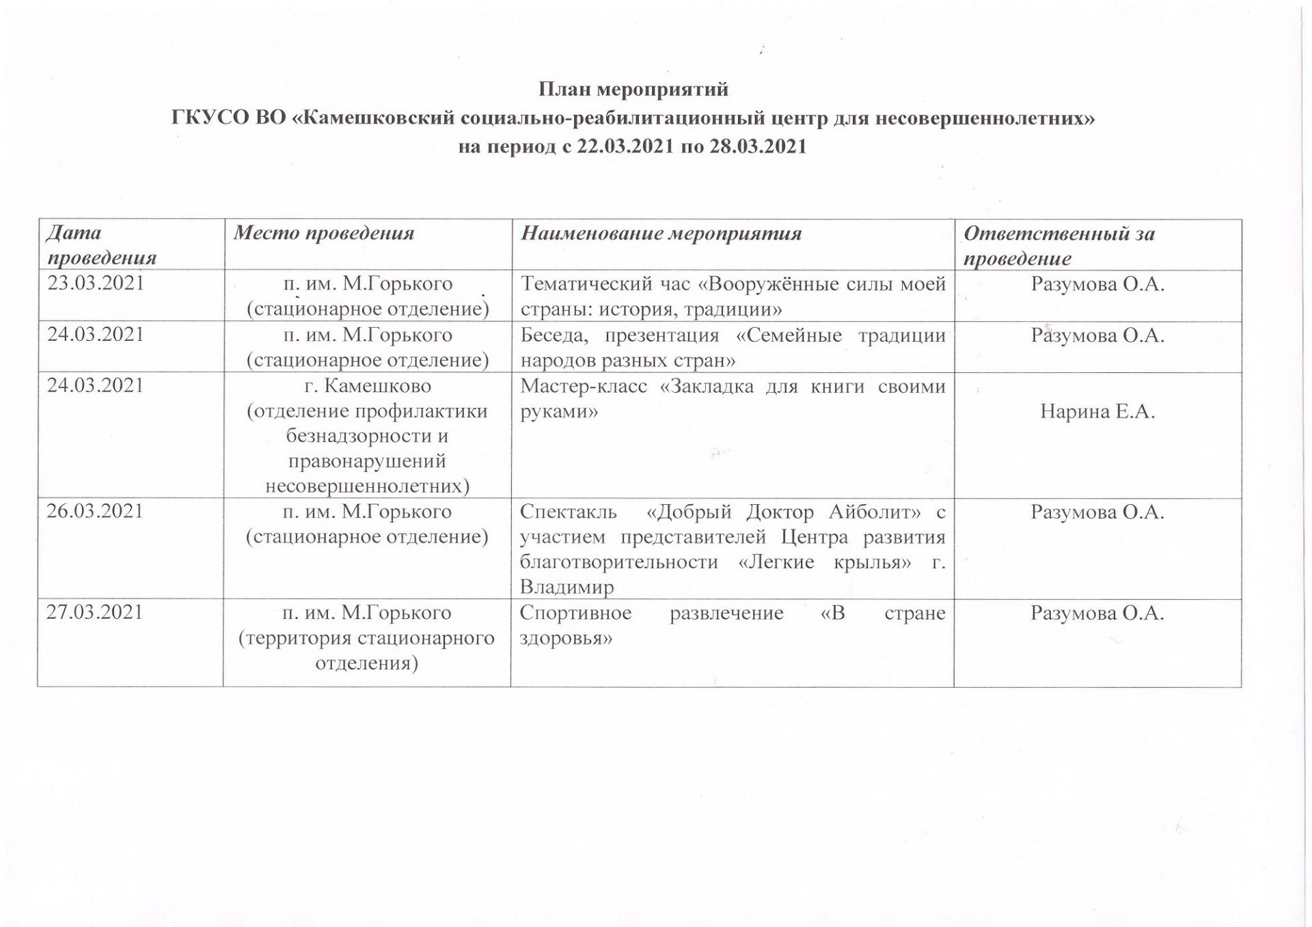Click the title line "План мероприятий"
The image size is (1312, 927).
633,89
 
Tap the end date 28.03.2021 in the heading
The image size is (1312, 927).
758,147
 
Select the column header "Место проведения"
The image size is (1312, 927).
324,234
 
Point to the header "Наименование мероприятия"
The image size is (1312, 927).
661,234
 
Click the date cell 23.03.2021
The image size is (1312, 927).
96,283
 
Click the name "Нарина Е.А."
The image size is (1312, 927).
1097,411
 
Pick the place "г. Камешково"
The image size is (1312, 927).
368,386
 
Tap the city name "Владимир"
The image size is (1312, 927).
566,587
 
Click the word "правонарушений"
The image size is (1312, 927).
368,461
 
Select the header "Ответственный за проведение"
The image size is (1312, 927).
1058,246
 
